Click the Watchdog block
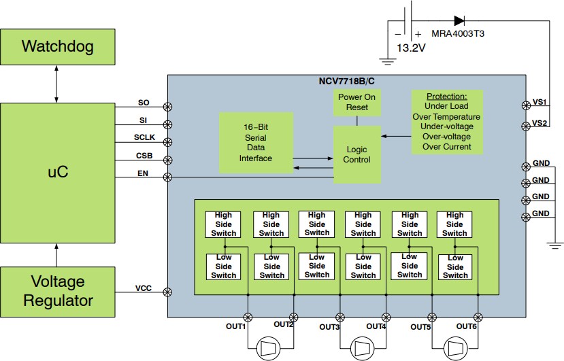click(x=57, y=46)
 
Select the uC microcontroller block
click(x=57, y=172)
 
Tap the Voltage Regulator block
click(x=57, y=290)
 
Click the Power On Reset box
click(x=357, y=102)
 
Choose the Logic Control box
click(x=357, y=155)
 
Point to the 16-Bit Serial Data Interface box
click(x=256, y=142)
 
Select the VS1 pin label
click(x=540, y=101)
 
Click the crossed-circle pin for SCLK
click(x=168, y=142)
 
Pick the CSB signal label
click(x=144, y=156)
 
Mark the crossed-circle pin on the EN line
click(x=168, y=177)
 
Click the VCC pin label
click(x=144, y=288)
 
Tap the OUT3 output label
click(x=329, y=327)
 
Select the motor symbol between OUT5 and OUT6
click(x=454, y=349)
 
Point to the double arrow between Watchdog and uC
click(x=57, y=86)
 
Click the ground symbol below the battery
click(x=388, y=61)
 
